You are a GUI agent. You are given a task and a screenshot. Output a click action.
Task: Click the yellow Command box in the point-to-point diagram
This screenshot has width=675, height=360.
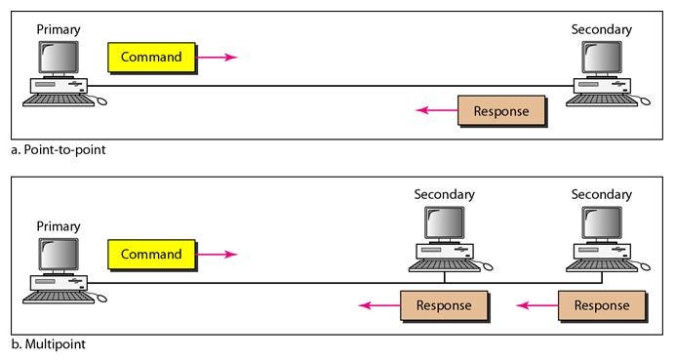pos(150,57)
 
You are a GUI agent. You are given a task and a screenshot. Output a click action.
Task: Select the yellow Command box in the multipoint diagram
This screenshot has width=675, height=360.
pos(150,254)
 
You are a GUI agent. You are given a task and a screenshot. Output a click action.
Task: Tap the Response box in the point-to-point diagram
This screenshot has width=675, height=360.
pos(501,110)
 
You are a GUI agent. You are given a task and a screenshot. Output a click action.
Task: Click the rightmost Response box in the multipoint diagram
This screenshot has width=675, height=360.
pos(601,305)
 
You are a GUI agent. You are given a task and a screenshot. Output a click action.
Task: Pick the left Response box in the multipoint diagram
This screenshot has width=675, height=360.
pos(444,305)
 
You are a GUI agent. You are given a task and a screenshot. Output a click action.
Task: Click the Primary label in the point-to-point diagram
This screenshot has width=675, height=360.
pos(59,29)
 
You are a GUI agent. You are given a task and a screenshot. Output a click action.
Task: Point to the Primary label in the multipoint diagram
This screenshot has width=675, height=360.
pos(59,226)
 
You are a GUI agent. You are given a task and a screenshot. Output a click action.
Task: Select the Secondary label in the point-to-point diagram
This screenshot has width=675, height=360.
pos(602,29)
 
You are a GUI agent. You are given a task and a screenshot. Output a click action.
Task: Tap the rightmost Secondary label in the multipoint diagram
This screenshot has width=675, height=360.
pos(602,194)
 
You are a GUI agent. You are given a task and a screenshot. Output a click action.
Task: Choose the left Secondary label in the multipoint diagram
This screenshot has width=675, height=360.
pos(444,194)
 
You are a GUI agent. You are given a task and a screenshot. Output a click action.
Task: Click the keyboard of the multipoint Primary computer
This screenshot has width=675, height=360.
pos(57,297)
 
